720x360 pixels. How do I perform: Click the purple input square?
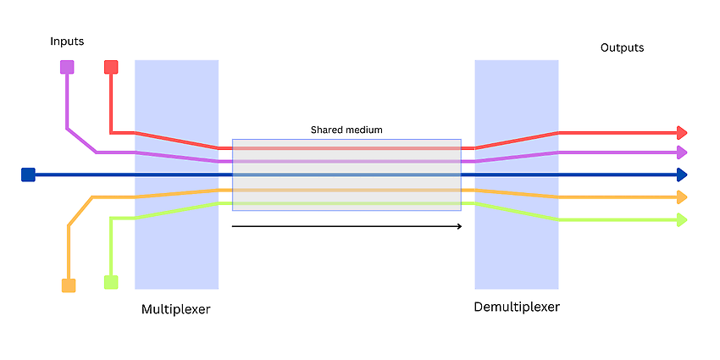coord(67,67)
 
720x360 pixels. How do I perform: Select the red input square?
coord(111,67)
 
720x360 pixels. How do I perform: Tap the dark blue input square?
coord(28,175)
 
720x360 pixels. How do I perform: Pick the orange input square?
coord(69,285)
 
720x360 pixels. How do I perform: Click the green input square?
coord(111,282)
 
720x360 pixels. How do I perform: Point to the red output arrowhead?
coord(683,133)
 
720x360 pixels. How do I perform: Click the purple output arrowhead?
coord(683,152)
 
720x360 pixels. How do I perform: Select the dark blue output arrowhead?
coord(683,175)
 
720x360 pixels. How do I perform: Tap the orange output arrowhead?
coord(683,197)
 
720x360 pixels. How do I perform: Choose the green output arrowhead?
coord(683,220)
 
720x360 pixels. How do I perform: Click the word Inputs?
coord(67,42)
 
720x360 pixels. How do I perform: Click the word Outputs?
coord(623,47)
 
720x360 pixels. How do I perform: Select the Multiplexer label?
coord(176,309)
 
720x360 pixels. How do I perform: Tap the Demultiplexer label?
coord(517,307)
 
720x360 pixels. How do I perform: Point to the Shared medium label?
coord(346,130)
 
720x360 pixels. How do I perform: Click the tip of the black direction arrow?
coord(462,226)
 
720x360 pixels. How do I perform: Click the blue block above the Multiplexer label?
coord(176,174)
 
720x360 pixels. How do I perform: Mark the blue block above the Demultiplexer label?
coord(517,174)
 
